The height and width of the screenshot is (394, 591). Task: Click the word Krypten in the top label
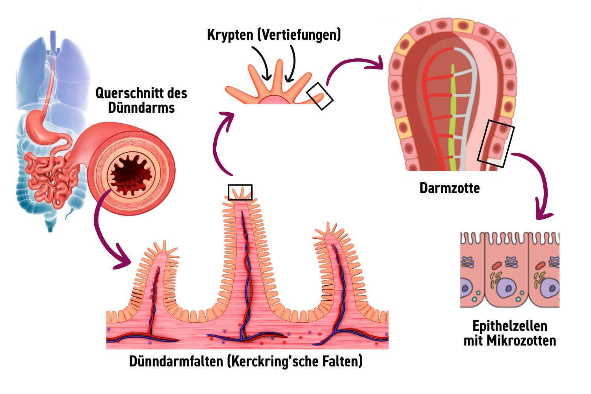(230, 35)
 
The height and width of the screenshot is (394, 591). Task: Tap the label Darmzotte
(450, 188)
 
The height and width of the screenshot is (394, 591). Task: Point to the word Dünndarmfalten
(177, 361)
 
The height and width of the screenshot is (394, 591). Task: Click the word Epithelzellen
(510, 326)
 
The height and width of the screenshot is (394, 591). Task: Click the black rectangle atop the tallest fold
(240, 192)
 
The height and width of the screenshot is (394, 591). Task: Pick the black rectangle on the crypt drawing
(320, 96)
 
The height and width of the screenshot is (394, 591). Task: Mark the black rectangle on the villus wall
(496, 143)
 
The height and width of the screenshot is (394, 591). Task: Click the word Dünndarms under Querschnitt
(141, 108)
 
